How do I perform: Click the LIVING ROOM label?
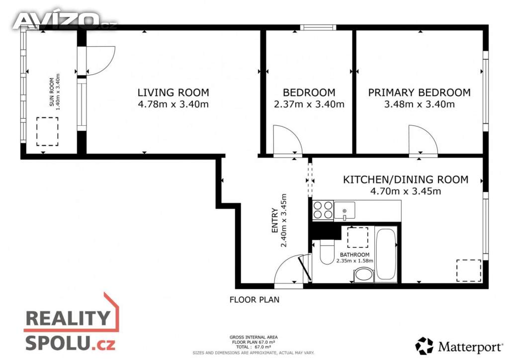coord(173,92)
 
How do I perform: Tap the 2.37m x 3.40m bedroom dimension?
coord(309,104)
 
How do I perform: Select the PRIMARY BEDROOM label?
coord(419,92)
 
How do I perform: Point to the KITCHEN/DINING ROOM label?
coord(406,180)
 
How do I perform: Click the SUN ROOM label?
coord(52,92)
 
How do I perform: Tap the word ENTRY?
coord(274,220)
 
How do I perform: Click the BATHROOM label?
coord(354,255)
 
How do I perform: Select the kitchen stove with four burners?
coord(323,210)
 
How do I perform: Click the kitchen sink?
coord(344,210)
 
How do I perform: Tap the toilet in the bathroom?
coord(327,253)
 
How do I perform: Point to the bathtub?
coord(386,254)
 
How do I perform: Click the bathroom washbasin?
coord(363,275)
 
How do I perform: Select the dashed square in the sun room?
coord(47,131)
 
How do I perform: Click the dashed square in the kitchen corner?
coord(469,270)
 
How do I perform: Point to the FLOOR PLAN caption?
coord(254,300)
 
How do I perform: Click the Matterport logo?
coord(459,347)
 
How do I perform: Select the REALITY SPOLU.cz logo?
coord(72,322)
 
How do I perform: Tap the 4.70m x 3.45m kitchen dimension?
coord(406,191)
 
